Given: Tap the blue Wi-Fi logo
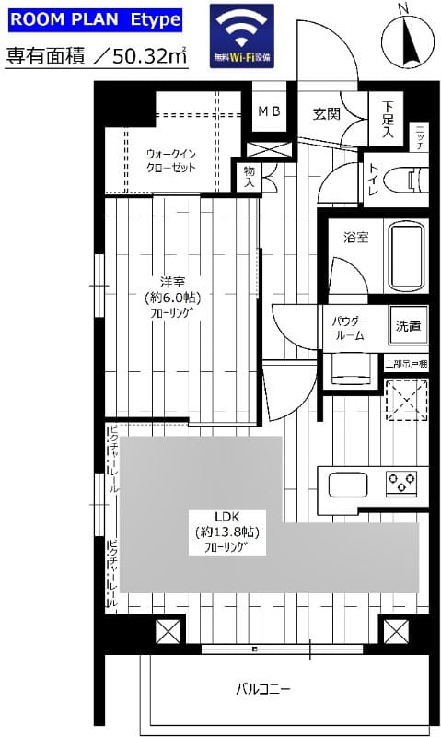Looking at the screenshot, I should tap(241, 35).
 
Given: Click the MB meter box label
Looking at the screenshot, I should tap(270, 112).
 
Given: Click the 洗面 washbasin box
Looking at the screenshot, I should tap(408, 324).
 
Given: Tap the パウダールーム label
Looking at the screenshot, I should tap(348, 329).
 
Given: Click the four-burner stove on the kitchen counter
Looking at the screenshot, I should tap(400, 481).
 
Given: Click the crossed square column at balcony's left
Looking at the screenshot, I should tap(168, 633).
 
